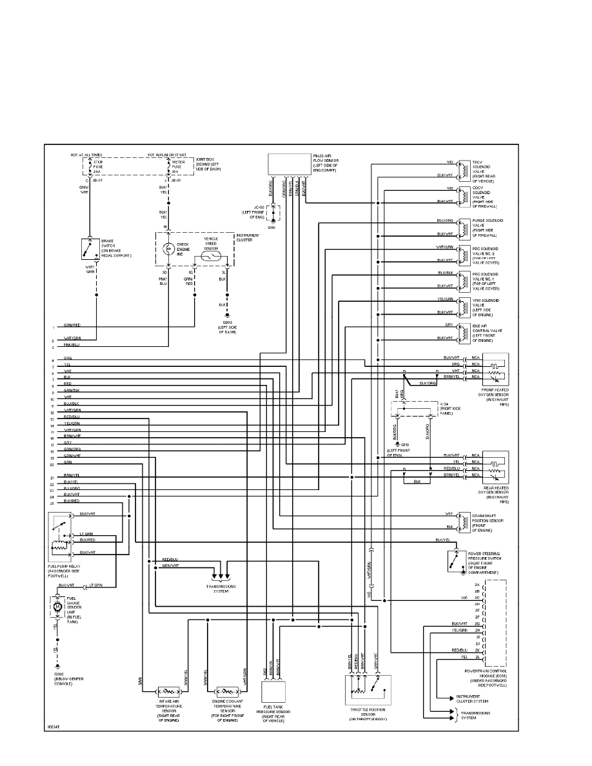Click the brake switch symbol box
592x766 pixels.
(x=90, y=249)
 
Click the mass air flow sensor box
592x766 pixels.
(x=288, y=164)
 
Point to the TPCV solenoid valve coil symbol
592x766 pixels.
(x=462, y=168)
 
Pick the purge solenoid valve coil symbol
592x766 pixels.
(x=462, y=228)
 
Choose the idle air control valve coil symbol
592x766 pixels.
(x=462, y=333)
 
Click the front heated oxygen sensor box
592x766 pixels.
(x=495, y=369)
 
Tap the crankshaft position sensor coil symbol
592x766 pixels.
(x=462, y=520)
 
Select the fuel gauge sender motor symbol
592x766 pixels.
(x=57, y=607)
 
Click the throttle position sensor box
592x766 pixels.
(x=369, y=689)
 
